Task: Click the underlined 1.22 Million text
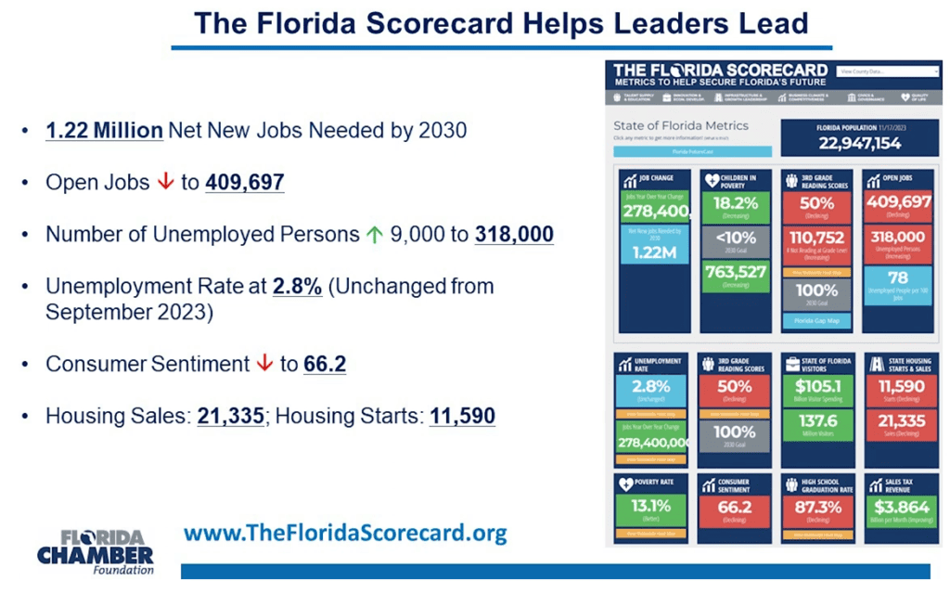point(104,130)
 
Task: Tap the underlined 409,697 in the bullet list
point(244,182)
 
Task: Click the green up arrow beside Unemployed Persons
point(374,235)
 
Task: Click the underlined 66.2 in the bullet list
point(325,364)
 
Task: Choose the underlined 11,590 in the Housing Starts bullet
point(462,416)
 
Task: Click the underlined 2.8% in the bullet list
point(297,287)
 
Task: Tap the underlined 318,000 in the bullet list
point(514,235)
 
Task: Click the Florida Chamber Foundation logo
point(96,551)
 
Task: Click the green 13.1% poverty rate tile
point(649,509)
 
